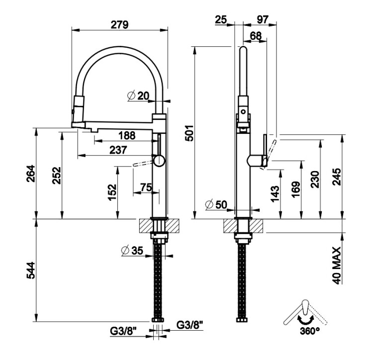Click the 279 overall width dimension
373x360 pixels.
(120, 23)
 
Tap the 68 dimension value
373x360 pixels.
(256, 36)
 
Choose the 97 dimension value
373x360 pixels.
(263, 19)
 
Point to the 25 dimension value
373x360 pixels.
(221, 19)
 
